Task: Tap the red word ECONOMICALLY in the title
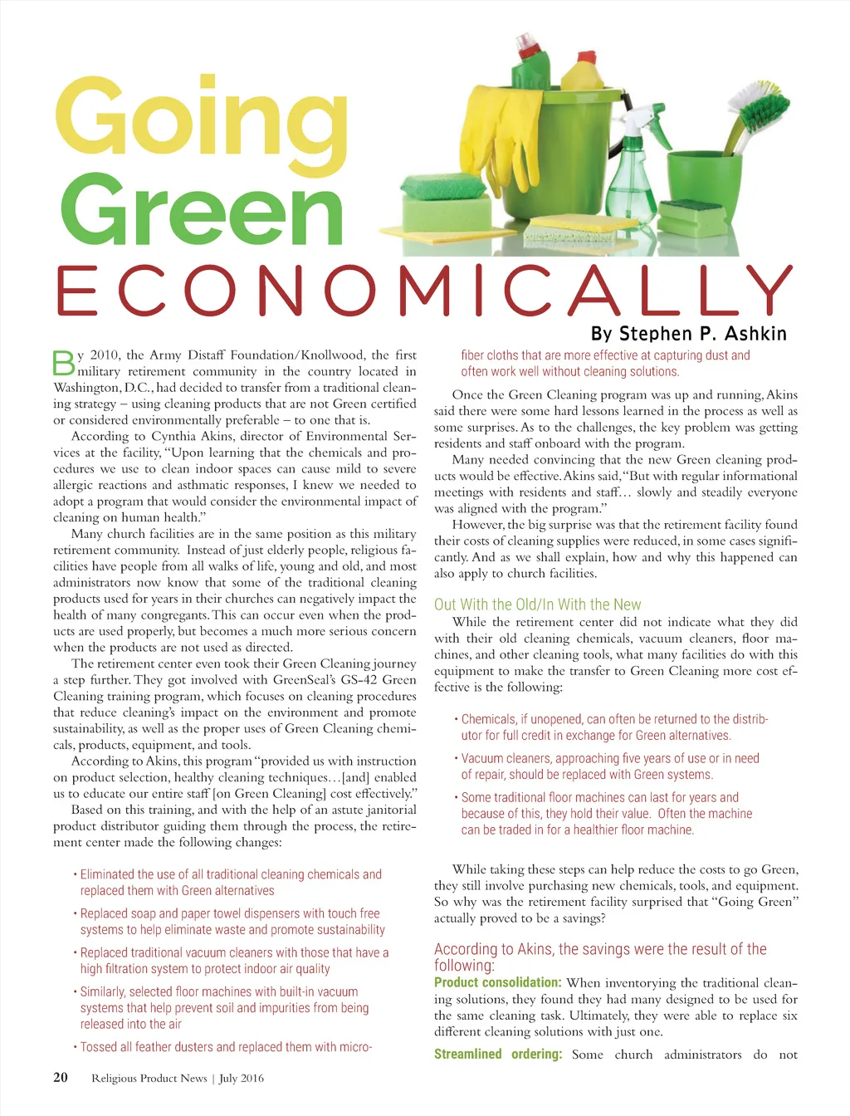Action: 424,291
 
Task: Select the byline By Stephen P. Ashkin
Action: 688,334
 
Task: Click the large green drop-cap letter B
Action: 63,364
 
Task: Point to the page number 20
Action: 61,1077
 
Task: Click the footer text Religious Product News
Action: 149,1078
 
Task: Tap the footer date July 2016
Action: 242,1078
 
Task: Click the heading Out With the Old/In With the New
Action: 537,604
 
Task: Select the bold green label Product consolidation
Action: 497,982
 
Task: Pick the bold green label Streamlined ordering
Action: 497,1054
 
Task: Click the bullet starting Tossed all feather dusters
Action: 226,1047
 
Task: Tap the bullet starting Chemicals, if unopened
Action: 614,727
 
